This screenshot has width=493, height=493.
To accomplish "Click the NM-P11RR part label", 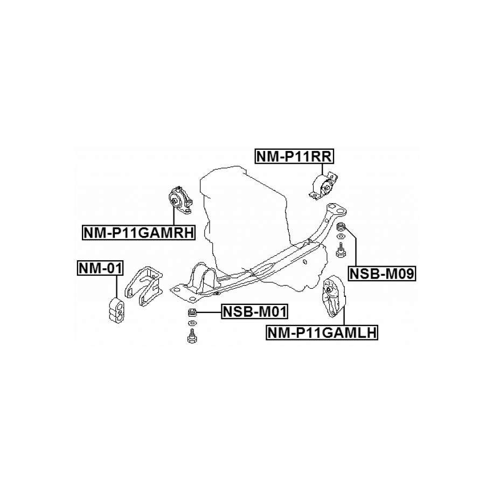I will (x=295, y=157).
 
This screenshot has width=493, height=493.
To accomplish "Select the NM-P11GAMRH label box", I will (x=138, y=233).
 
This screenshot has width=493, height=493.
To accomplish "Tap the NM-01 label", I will (x=101, y=268).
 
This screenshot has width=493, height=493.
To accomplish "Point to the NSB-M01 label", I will (x=255, y=311).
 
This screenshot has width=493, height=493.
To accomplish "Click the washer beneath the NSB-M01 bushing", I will (x=192, y=323).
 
